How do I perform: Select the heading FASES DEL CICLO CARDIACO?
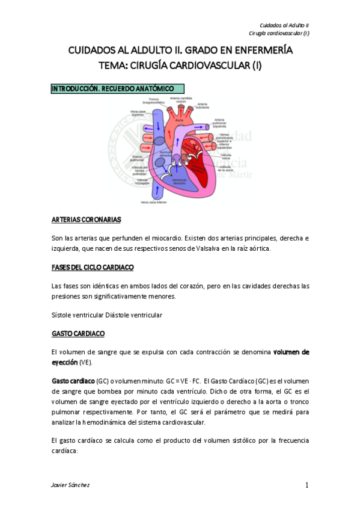[x=93, y=266]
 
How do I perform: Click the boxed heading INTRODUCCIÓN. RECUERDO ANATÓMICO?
[x=113, y=88]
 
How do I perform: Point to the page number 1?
[x=307, y=485]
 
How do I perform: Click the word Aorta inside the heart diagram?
[x=178, y=120]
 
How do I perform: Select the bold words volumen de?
[x=291, y=351]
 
